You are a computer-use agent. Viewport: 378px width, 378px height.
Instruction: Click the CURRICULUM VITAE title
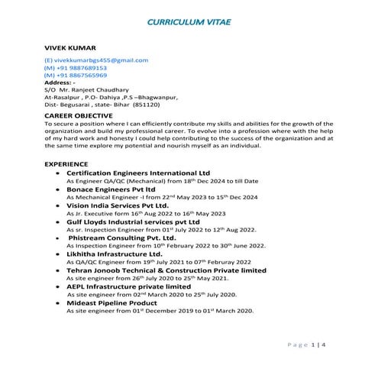tap(189, 24)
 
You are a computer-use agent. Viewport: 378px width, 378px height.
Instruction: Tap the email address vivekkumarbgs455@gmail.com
tap(96, 60)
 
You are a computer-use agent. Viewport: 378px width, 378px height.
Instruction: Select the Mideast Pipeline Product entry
tap(111, 303)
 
